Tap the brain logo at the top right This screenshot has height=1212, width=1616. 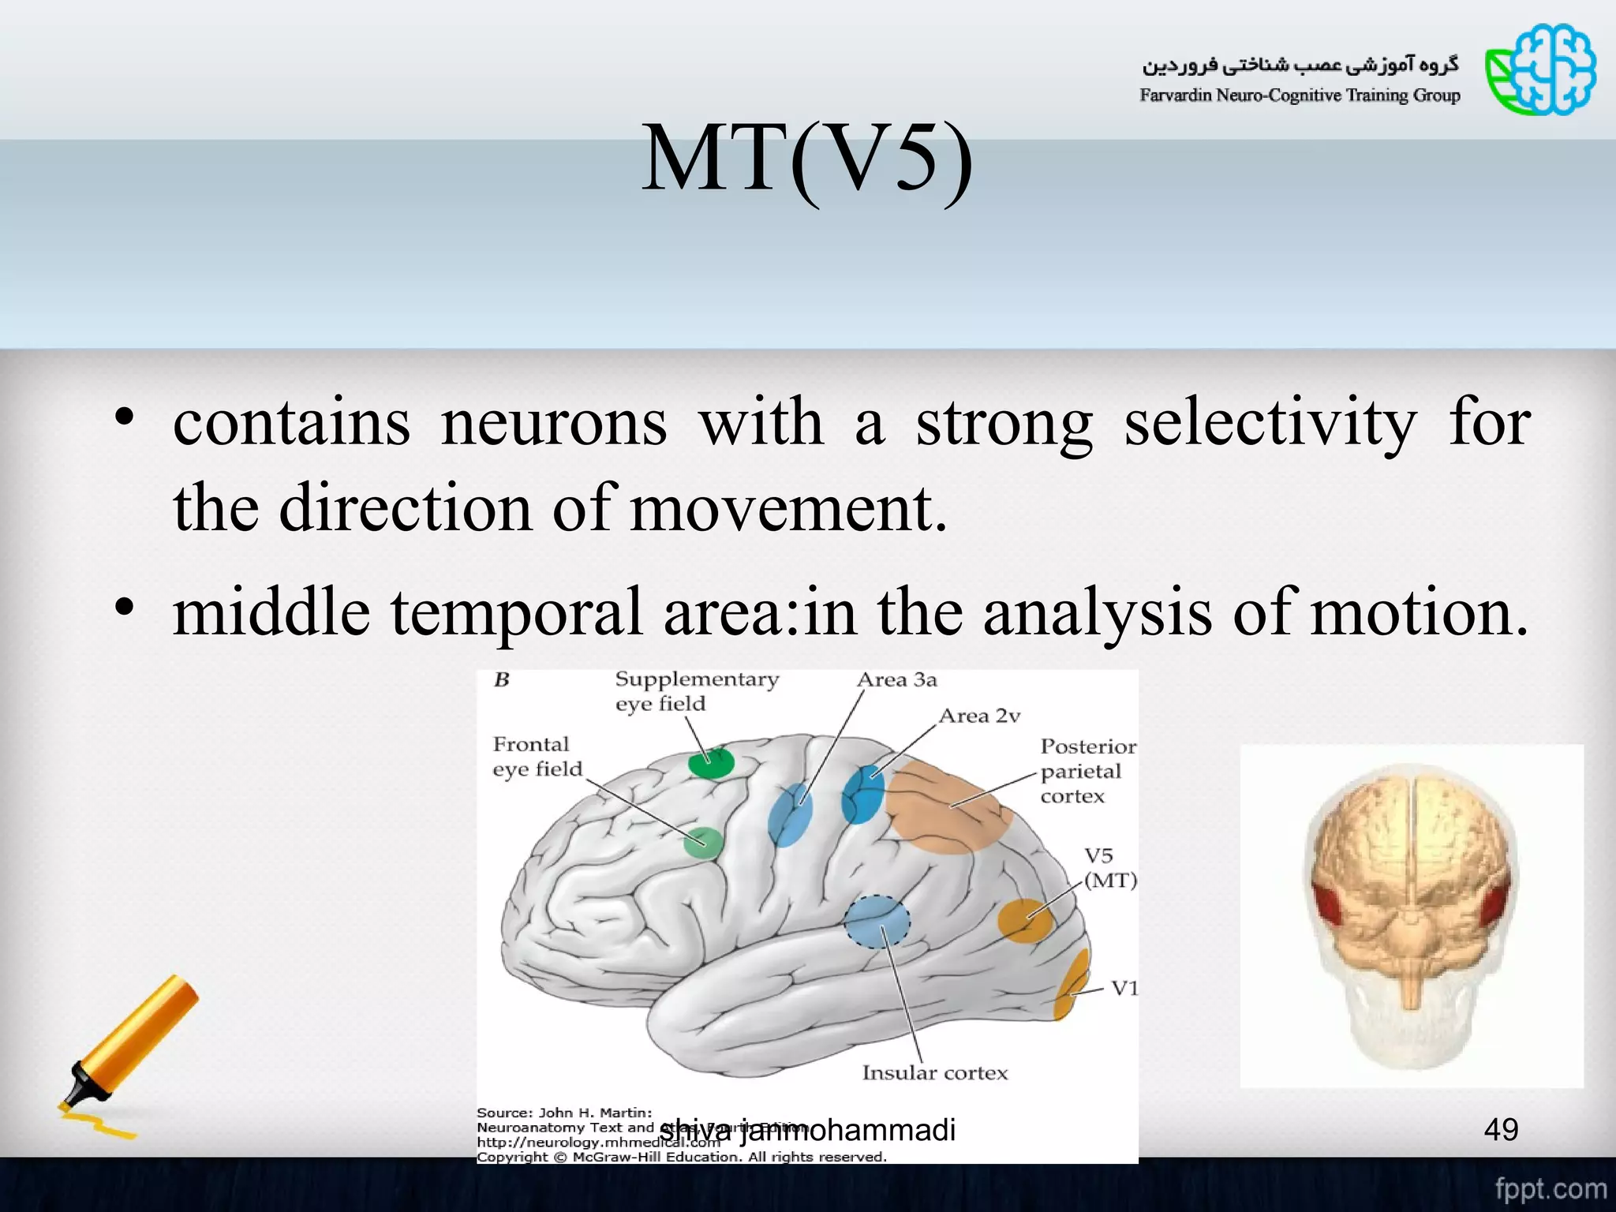[x=1540, y=70]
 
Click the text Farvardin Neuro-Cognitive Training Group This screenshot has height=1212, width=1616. [x=1299, y=96]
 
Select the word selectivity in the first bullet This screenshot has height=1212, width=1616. [x=1270, y=424]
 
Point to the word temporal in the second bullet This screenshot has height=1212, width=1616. [x=517, y=613]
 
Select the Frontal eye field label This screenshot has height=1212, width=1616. [x=537, y=757]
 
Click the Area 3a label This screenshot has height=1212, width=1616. [x=896, y=680]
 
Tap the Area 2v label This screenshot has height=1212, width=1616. [x=979, y=716]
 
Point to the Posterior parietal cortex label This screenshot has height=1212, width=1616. [x=1087, y=771]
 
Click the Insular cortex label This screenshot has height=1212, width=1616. [x=934, y=1073]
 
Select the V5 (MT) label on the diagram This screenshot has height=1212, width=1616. [x=1108, y=868]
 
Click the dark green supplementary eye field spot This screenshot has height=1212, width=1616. [x=711, y=763]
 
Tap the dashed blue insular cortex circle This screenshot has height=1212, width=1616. [x=877, y=922]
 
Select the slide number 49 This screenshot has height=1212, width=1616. [x=1500, y=1130]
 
